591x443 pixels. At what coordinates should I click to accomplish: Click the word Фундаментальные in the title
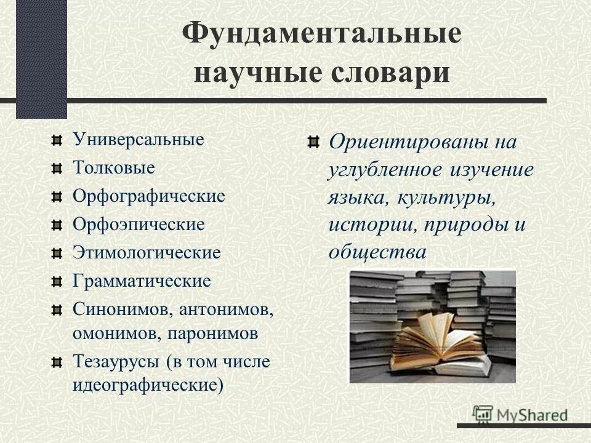tap(322, 33)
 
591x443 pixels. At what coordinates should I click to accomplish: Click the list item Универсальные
tap(139, 139)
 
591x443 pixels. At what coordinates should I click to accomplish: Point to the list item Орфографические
tap(149, 196)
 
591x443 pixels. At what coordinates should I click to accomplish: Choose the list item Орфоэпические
tap(139, 224)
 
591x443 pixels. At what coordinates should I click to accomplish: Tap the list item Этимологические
tap(147, 252)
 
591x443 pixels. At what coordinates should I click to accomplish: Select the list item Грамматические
tap(142, 281)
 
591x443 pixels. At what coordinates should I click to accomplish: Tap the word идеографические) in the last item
tap(148, 385)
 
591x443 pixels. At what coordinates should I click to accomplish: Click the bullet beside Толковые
tap(57, 167)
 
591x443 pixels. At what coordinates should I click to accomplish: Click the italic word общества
tap(377, 252)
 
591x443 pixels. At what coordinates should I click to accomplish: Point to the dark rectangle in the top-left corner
tap(41, 58)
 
